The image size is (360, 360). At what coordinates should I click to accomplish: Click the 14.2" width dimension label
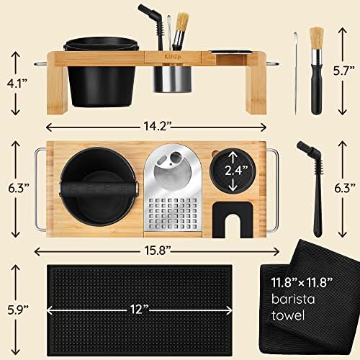[x=157, y=126]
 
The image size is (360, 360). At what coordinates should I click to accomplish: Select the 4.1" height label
[x=17, y=84]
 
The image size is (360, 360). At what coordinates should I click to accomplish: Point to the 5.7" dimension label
[x=343, y=71]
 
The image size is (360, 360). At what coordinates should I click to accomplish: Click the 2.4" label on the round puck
[x=236, y=171]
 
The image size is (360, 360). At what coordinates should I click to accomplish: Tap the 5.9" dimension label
[x=18, y=310]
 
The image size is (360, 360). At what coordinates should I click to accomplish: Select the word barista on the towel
[x=293, y=299]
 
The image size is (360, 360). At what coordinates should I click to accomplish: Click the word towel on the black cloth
[x=288, y=315]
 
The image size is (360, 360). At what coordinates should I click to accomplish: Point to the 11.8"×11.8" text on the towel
[x=302, y=282]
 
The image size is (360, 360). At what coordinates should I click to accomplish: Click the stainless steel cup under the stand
[x=172, y=79]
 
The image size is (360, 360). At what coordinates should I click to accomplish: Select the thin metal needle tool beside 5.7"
[x=296, y=73]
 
